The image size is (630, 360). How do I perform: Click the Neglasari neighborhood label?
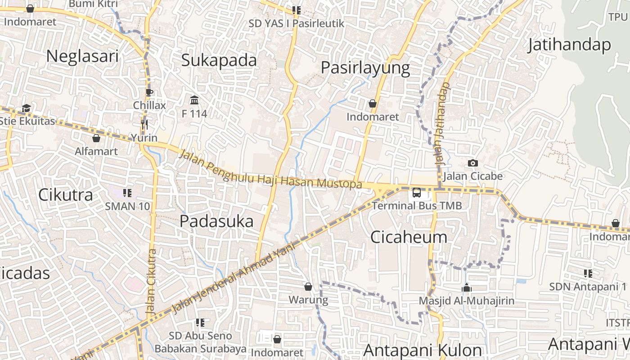click(x=82, y=56)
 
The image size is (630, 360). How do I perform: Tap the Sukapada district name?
click(x=219, y=60)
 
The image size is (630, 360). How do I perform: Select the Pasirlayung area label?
click(x=365, y=68)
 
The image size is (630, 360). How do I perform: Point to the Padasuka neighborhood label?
click(x=216, y=221)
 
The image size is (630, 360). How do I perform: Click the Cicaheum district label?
click(x=409, y=237)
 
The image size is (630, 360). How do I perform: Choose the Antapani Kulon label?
click(x=422, y=350)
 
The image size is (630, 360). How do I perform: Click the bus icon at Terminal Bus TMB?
click(x=417, y=193)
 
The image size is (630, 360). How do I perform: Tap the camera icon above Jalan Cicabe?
click(x=472, y=163)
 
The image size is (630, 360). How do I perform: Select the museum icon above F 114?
click(x=194, y=99)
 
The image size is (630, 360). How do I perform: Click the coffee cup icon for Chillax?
click(x=149, y=93)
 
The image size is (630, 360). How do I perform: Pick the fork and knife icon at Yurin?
click(x=144, y=124)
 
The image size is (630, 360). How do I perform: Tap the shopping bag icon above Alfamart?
click(x=96, y=138)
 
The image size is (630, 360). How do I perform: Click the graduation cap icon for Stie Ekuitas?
click(x=26, y=108)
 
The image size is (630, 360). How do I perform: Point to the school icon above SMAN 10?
click(x=127, y=193)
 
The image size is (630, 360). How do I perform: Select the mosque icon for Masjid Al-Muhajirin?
click(x=467, y=288)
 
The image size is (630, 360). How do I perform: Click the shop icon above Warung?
click(x=308, y=286)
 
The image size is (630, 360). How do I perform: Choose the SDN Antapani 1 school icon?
click(x=588, y=273)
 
